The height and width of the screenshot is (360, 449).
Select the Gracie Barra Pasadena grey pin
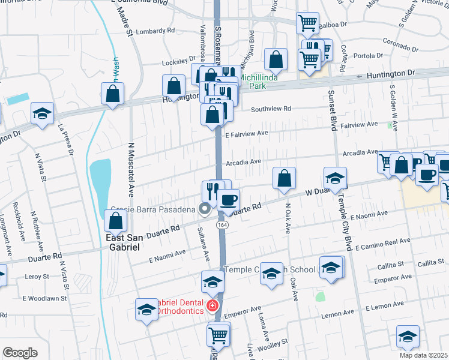pos(205,209)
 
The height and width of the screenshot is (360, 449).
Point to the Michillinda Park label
pos(261,82)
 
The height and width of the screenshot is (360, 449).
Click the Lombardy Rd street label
pos(155,31)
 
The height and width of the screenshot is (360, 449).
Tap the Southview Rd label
pos(271,109)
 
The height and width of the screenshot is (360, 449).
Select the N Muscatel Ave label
pos(131,170)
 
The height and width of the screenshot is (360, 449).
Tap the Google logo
pos(20,353)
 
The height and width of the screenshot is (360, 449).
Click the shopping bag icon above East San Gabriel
pos(115,222)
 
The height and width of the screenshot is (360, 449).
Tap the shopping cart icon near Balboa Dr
pos(308,23)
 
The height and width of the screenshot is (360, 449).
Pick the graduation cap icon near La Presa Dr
pos(43,113)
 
